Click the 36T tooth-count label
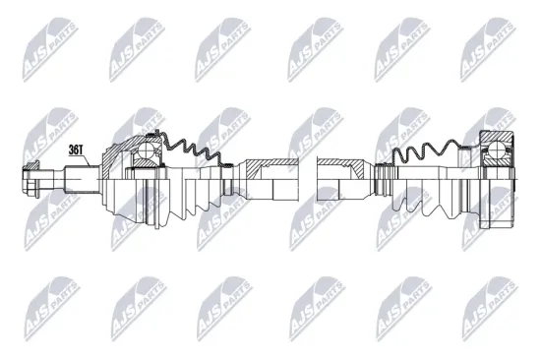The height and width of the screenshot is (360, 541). [77, 150]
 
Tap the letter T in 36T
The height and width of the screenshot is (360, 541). [83, 150]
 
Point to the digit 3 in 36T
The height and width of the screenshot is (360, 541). [71, 150]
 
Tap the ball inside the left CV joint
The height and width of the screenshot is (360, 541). [145, 151]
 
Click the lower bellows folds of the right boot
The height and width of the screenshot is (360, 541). [423, 202]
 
